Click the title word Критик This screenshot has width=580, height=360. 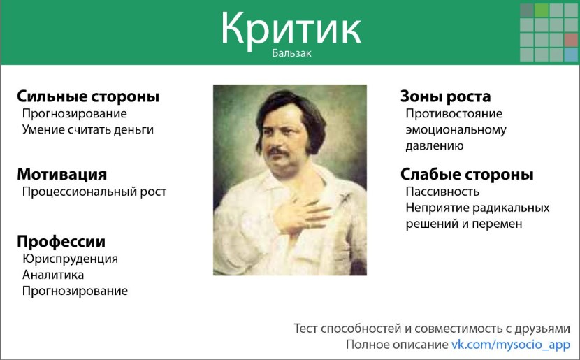coord(291,29)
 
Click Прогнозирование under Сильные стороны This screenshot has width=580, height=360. coord(75,113)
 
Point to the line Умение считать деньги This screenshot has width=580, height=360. coord(87,129)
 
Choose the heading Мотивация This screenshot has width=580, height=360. coord(62,174)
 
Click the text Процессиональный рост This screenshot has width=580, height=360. coord(94,191)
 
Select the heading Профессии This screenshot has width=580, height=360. coord(61,242)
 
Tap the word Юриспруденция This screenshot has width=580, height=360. coord(70,259)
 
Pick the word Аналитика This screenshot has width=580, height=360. coord(53,275)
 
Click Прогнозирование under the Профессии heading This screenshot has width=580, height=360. coord(75,291)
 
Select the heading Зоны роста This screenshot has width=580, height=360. coord(445,96)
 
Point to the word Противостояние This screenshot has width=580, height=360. coord(454,113)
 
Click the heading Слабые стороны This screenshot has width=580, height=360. coord(467,174)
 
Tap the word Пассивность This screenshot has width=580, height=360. coord(442,191)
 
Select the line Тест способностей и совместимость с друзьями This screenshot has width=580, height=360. coord(432,328)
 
